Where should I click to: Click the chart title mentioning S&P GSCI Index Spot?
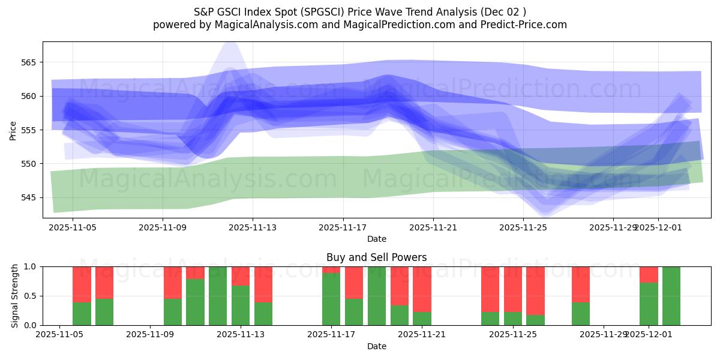click(360, 12)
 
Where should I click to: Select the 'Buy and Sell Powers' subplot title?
click(376, 257)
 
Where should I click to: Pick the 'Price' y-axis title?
click(13, 130)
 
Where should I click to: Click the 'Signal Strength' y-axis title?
click(15, 296)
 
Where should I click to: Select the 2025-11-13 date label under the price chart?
click(253, 228)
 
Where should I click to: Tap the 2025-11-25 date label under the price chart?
click(523, 228)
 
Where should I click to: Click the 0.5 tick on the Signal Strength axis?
click(30, 296)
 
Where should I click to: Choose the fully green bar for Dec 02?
click(671, 296)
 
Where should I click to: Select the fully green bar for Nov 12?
click(218, 296)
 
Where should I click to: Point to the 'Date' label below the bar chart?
click(376, 346)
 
